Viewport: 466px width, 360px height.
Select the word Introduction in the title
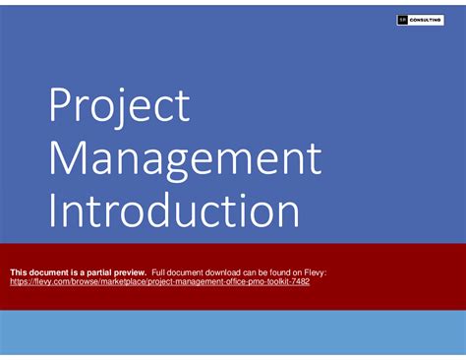(x=174, y=210)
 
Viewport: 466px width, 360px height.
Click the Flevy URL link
(x=159, y=281)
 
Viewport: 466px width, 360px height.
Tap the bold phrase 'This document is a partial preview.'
(x=78, y=271)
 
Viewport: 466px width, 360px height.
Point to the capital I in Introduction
(x=53, y=210)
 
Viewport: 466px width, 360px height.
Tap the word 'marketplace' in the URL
(x=117, y=281)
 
